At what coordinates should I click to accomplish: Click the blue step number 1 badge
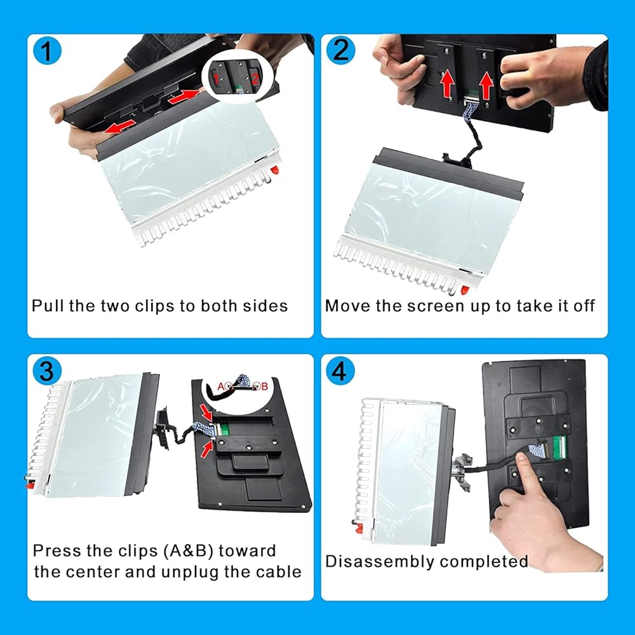tap(47, 51)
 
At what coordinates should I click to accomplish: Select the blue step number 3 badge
tap(47, 371)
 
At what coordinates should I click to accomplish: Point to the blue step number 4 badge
tap(340, 371)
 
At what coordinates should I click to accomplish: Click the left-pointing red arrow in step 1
tap(119, 127)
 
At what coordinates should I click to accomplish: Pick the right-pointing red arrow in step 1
tap(184, 97)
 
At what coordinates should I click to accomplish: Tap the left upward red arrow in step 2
tap(446, 83)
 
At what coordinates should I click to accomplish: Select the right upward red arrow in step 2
tap(486, 84)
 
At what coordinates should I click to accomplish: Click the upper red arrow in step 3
tap(207, 413)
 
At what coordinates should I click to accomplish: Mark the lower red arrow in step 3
tap(207, 449)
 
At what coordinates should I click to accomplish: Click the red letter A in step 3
tap(221, 386)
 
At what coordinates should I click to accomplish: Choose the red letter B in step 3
tap(264, 386)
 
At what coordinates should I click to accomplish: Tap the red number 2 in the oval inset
tap(255, 79)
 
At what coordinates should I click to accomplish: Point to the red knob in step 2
tap(465, 290)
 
